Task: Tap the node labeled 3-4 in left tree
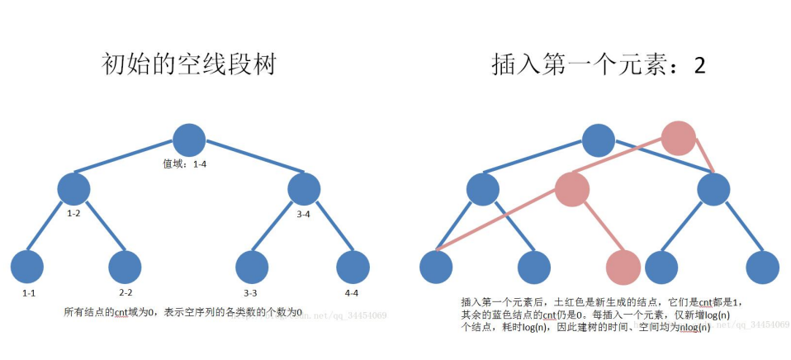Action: point(303,189)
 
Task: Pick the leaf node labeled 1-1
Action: point(27,267)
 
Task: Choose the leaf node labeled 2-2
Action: point(126,267)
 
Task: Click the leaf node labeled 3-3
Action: point(252,267)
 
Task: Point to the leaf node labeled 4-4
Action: point(353,267)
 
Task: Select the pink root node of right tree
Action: point(680,138)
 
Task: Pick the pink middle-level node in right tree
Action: point(571,189)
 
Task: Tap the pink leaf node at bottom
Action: point(623,268)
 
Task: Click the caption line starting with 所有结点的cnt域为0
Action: point(183,312)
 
